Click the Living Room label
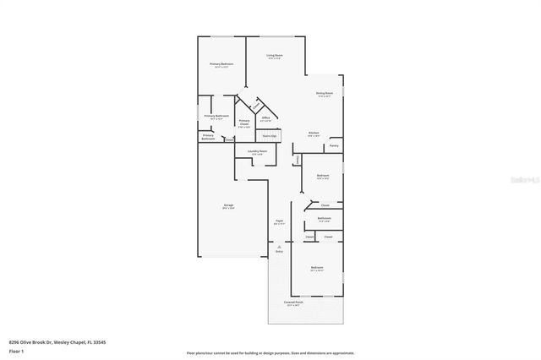coord(275,57)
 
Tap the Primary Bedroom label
coord(221,65)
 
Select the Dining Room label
coord(325,95)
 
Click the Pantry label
coord(335,146)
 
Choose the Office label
coord(265,119)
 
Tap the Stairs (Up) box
coord(269,135)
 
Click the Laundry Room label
coord(257,152)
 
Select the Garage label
coord(229,205)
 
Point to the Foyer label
coord(279,222)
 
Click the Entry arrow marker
coord(279,248)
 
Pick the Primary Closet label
coord(243,123)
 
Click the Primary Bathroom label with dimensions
coord(217,117)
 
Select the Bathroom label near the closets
coord(324,219)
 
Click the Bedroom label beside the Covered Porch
coord(317,269)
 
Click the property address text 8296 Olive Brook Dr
coord(57,342)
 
